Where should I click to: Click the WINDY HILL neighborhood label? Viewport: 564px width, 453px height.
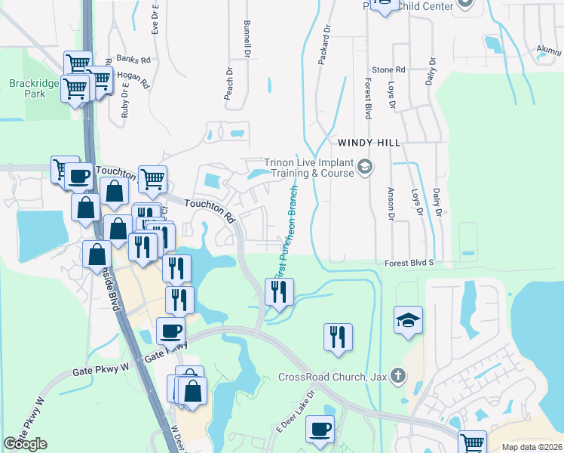pyautogui.click(x=369, y=142)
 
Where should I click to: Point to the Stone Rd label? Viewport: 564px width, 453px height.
pyautogui.click(x=390, y=69)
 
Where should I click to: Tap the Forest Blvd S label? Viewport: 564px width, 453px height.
pyautogui.click(x=409, y=263)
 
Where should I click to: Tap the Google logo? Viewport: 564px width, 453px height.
pyautogui.click(x=25, y=444)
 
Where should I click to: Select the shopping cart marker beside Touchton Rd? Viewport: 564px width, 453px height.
pyautogui.click(x=152, y=179)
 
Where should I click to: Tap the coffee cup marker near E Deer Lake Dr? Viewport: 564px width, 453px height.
pyautogui.click(x=320, y=429)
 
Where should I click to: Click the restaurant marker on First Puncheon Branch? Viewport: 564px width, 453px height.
pyautogui.click(x=280, y=291)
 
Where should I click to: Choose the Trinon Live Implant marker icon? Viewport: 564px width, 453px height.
pyautogui.click(x=364, y=166)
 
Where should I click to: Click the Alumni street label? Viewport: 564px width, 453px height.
pyautogui.click(x=549, y=51)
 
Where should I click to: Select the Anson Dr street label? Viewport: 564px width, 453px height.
pyautogui.click(x=391, y=203)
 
